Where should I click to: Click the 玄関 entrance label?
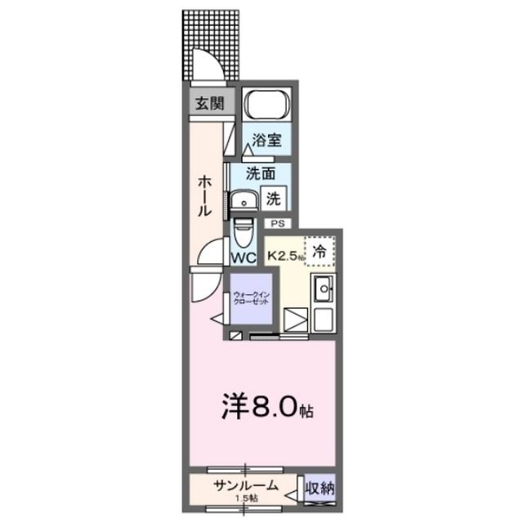coord(208,104)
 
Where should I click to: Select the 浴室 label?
coord(266,140)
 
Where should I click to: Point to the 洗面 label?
coord(261,172)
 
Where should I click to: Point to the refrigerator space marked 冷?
coord(320,253)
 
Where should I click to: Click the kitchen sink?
coord(323,288)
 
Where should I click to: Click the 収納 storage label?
coord(320,488)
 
